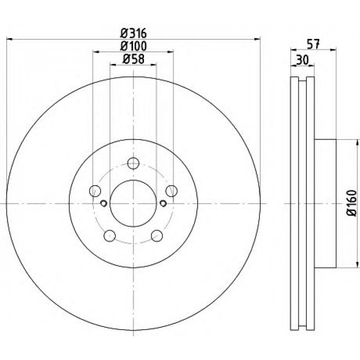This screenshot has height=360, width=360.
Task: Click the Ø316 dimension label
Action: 133,34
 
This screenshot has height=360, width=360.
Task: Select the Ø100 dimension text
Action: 133,46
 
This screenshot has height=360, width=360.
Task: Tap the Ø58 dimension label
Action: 133,59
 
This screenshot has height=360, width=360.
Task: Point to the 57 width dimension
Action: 313,44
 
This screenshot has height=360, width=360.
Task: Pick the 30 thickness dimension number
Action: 302,60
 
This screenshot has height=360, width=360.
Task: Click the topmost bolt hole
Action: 133,164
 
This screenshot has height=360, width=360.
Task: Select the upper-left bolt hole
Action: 95,191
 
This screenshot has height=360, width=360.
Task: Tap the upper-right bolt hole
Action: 172,191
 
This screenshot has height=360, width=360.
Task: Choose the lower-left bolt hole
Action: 110,236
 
